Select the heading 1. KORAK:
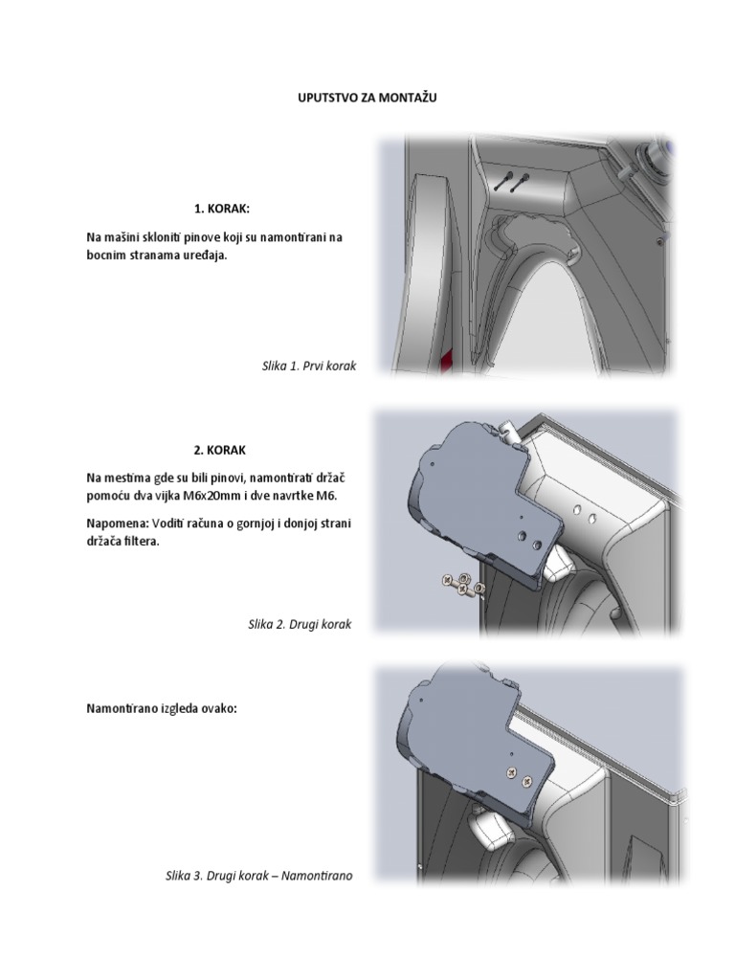click(222, 209)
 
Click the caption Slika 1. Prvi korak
click(308, 366)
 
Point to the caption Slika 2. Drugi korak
click(300, 624)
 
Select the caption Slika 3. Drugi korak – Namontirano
click(258, 875)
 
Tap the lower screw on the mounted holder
click(525, 782)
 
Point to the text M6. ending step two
click(327, 495)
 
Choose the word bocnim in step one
click(106, 256)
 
